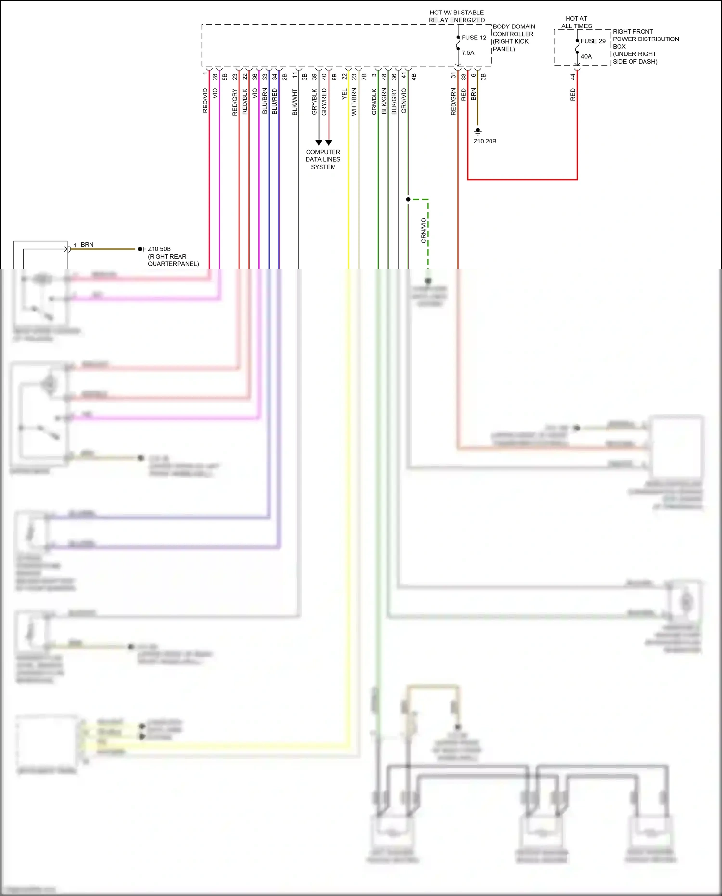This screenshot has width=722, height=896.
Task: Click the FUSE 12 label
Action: (474, 38)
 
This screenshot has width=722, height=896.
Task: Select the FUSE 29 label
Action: (593, 41)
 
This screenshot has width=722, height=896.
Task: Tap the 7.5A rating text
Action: (468, 53)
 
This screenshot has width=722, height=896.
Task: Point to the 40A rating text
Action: (586, 56)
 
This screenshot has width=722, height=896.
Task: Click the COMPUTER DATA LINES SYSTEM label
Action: (323, 159)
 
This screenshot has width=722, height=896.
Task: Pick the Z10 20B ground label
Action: (485, 141)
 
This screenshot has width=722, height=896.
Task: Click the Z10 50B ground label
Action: (159, 249)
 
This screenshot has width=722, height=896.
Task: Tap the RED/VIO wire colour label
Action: (205, 100)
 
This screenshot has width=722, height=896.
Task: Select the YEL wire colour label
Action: (344, 94)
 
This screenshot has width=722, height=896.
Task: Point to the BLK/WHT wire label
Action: (295, 102)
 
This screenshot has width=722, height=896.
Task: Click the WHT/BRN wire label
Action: (354, 101)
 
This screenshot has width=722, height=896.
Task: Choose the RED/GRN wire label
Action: (453, 101)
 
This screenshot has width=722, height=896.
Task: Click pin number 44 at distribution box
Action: (573, 76)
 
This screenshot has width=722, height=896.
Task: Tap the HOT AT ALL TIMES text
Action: (576, 22)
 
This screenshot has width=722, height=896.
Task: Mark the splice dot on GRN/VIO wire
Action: (408, 199)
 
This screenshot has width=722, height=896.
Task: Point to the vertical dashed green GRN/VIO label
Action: (424, 230)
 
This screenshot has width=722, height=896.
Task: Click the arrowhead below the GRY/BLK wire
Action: (319, 143)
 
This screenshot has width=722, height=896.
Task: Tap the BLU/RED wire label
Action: (275, 101)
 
